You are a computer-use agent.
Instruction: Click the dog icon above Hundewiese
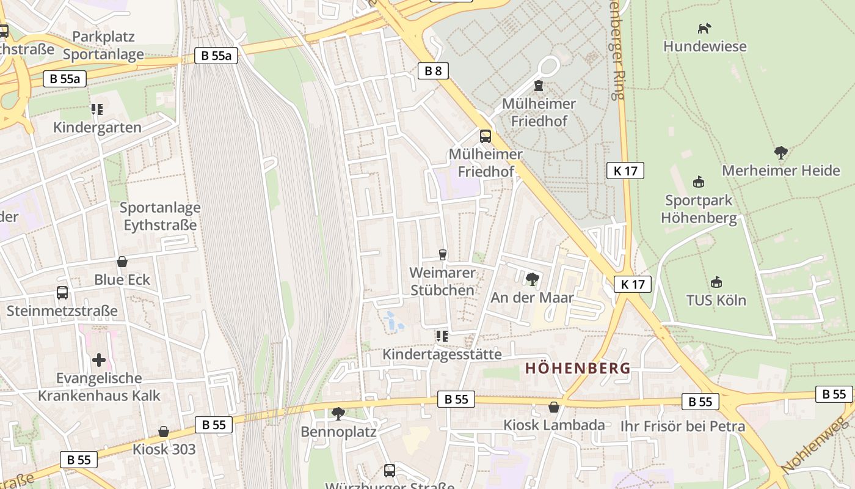click(705, 28)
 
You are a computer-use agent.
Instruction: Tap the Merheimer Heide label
click(781, 171)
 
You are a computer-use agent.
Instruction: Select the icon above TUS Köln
click(716, 282)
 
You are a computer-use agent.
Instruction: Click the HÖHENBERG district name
click(578, 369)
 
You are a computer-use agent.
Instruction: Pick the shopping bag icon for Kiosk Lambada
click(554, 406)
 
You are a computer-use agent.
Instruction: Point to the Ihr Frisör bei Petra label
click(683, 426)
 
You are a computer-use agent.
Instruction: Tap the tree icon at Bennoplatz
click(338, 414)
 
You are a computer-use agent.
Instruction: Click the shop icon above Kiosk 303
click(164, 432)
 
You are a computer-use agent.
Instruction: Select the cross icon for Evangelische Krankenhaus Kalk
click(99, 360)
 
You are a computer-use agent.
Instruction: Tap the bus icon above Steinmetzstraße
click(62, 292)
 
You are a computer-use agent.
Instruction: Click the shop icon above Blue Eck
click(122, 262)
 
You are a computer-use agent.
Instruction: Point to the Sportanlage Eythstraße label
click(160, 216)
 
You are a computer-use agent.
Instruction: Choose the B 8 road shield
click(433, 71)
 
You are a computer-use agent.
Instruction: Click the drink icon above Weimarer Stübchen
click(443, 254)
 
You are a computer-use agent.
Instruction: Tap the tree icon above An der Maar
click(532, 279)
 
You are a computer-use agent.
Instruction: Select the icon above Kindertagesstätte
click(442, 336)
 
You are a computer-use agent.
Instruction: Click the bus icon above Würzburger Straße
click(390, 470)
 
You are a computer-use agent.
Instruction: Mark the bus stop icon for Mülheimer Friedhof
click(486, 136)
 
